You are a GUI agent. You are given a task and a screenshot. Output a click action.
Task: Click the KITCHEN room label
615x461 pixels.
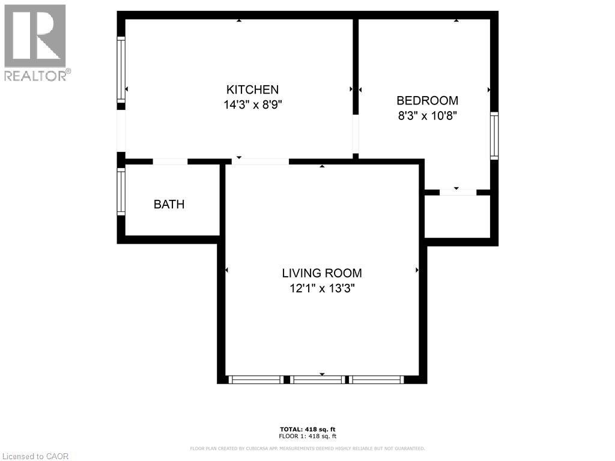tap(252, 89)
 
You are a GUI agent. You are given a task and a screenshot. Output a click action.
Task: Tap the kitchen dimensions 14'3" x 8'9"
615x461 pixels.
tap(252, 104)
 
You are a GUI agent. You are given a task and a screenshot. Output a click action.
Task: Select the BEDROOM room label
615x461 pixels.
tap(427, 101)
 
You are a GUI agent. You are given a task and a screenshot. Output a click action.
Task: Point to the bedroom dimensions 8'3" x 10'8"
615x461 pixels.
tap(428, 116)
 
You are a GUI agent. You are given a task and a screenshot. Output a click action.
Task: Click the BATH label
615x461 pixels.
tap(169, 204)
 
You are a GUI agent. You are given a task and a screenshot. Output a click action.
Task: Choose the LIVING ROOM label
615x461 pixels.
tap(322, 273)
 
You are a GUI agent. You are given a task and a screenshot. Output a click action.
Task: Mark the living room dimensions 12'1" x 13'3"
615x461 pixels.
tap(322, 288)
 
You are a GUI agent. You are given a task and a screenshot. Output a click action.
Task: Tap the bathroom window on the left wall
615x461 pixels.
tap(121, 191)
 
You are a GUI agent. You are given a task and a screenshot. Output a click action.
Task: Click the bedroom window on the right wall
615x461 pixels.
tap(494, 136)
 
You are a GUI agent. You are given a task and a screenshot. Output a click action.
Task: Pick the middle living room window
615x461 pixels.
tap(318, 379)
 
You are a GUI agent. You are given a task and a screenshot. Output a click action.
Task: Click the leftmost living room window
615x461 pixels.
tap(256, 379)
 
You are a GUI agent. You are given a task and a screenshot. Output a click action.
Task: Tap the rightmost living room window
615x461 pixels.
tap(377, 379)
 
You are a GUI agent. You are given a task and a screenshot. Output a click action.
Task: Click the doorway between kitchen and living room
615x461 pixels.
tap(260, 161)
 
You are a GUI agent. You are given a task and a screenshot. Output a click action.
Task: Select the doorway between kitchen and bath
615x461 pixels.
tap(170, 161)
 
